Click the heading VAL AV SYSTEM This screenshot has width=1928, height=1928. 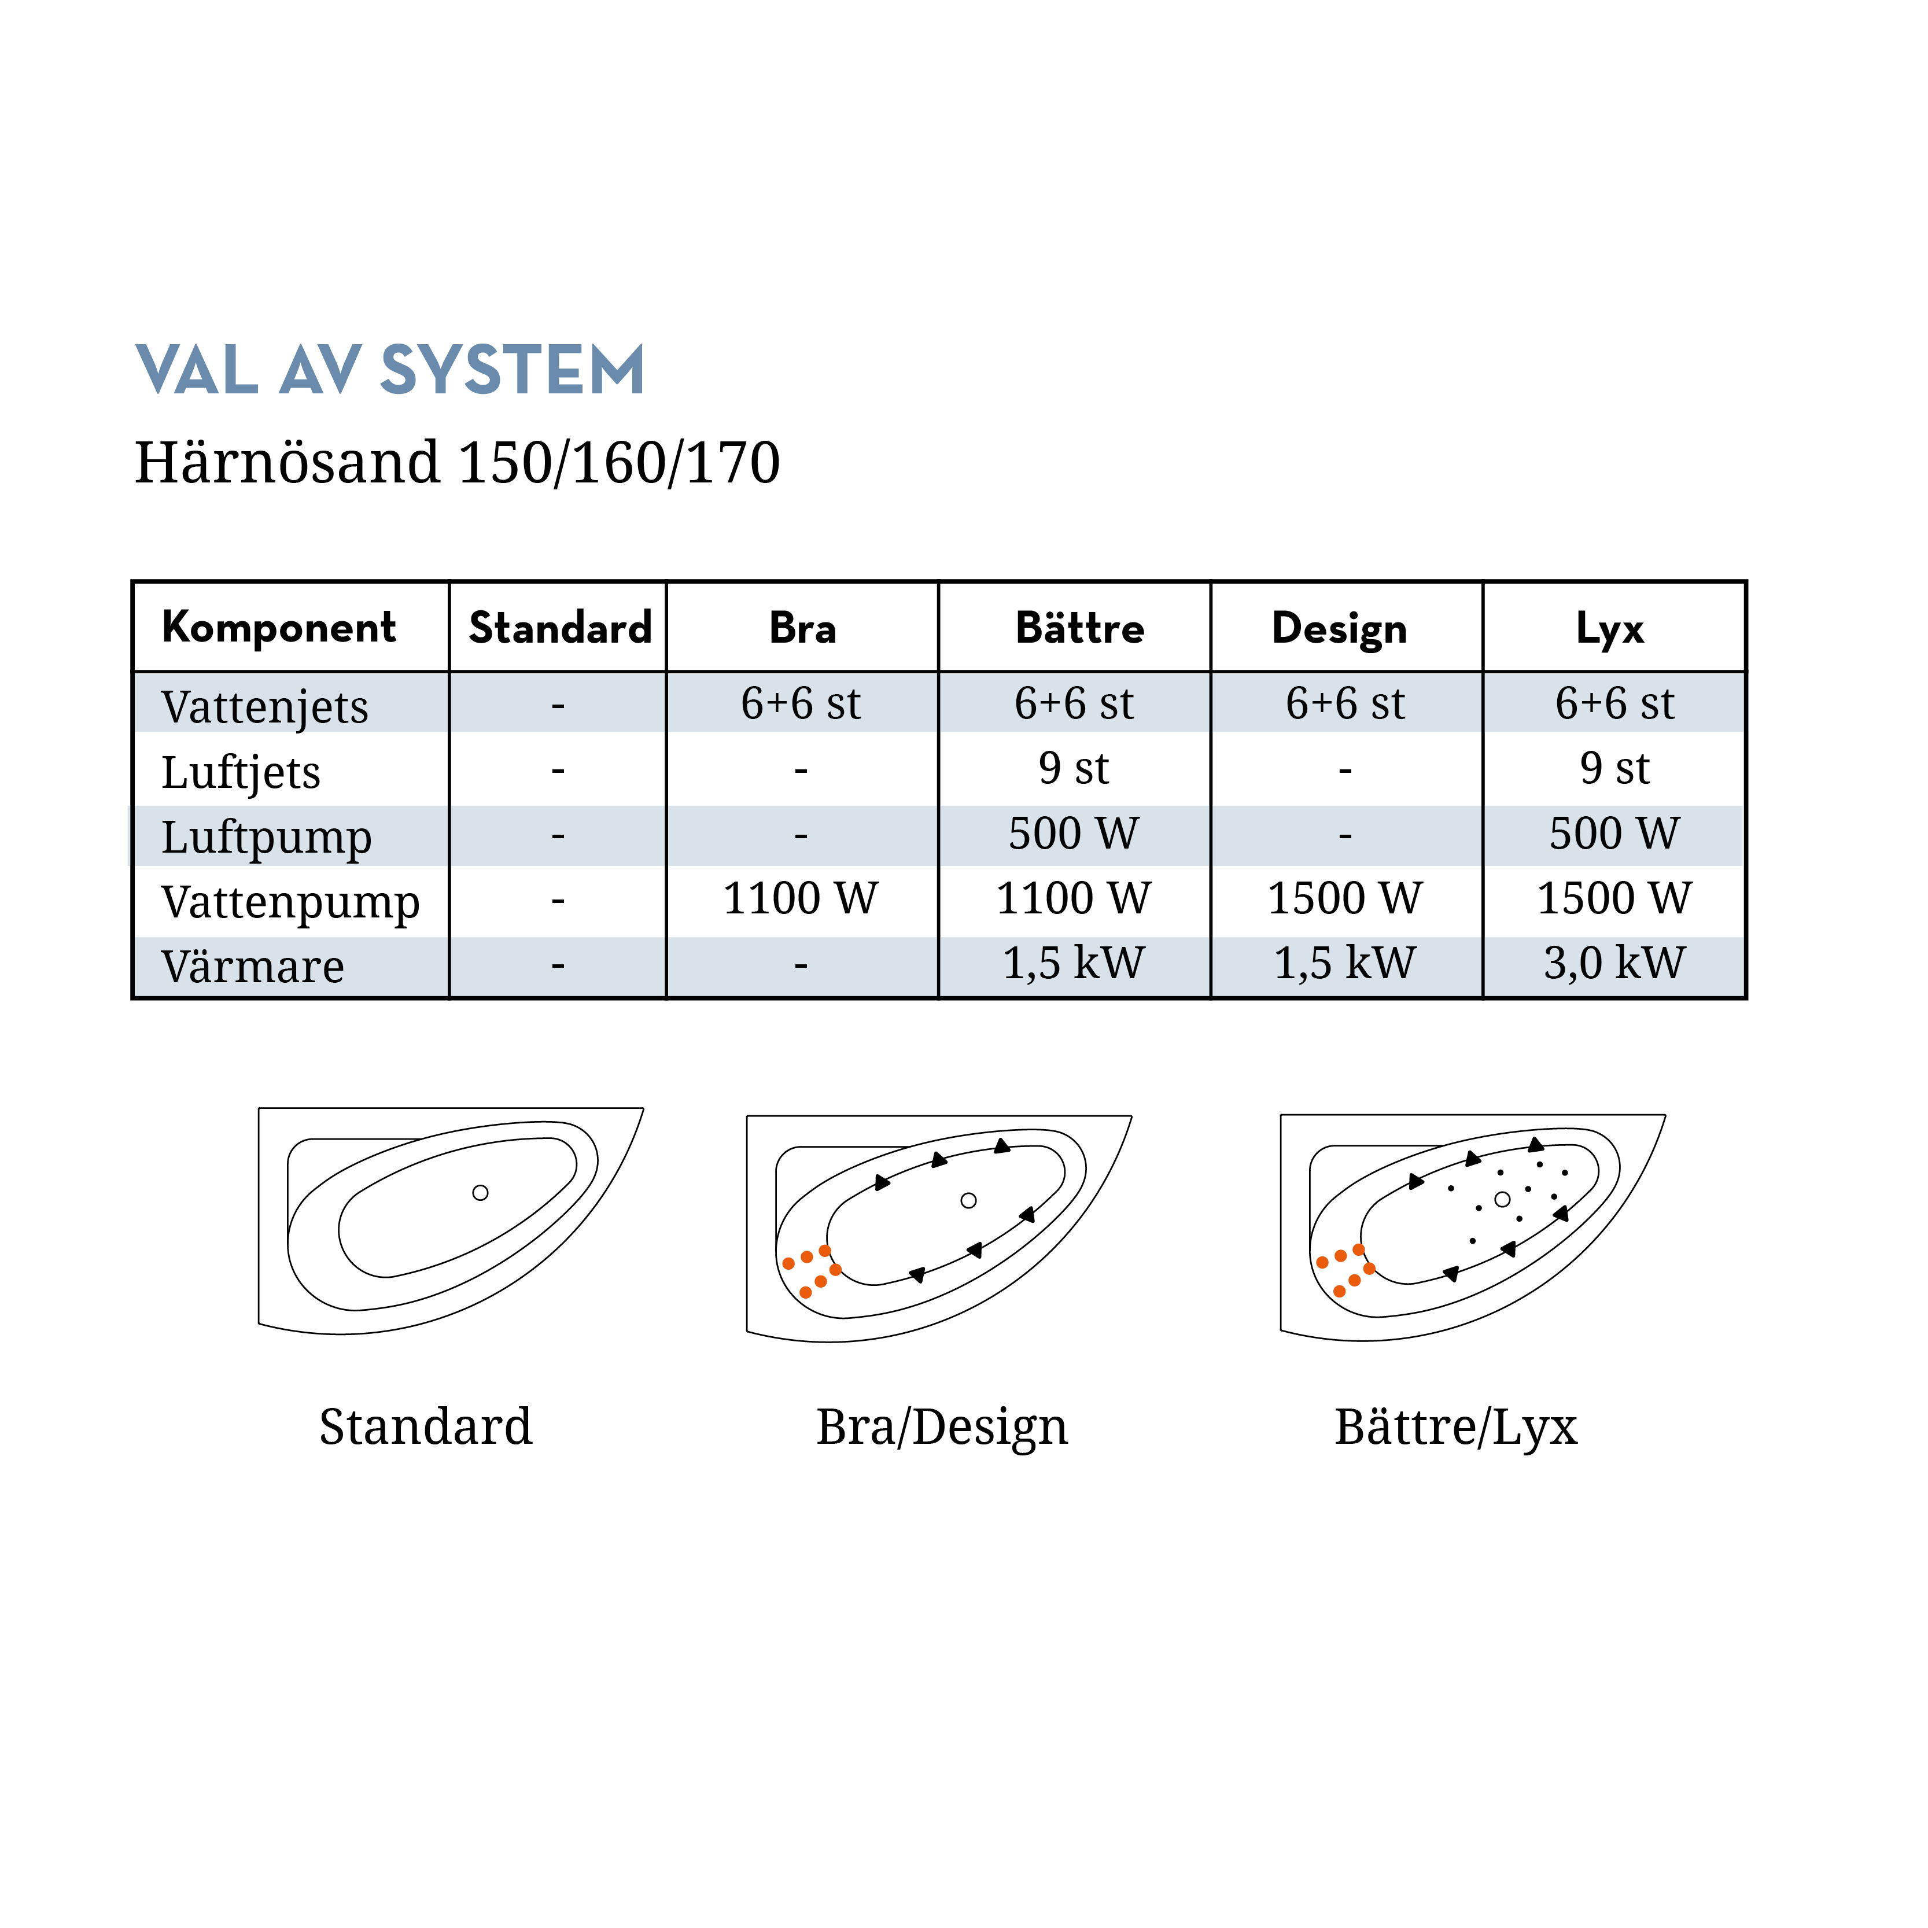(x=390, y=370)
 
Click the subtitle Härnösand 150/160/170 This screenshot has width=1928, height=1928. (x=457, y=462)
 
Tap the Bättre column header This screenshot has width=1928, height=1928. (x=1080, y=628)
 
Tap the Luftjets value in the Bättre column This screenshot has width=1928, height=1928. (x=1074, y=768)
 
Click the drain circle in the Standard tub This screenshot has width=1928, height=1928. (x=480, y=1193)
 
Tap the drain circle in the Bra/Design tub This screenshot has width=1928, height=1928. (x=968, y=1200)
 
